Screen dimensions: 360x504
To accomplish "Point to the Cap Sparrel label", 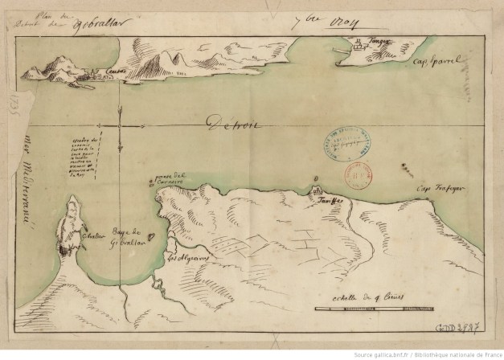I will coord(435,59).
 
